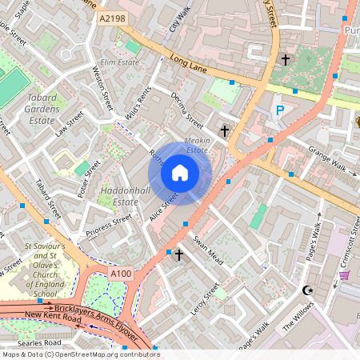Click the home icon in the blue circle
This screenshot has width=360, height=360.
click(x=180, y=173)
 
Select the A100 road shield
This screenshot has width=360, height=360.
click(x=121, y=274)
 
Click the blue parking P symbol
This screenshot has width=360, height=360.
click(x=280, y=110)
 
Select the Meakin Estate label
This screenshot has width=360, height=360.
click(x=197, y=145)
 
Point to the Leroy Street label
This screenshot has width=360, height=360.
click(x=205, y=302)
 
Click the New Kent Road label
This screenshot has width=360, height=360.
click(x=54, y=318)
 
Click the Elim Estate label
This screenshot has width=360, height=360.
click(x=120, y=62)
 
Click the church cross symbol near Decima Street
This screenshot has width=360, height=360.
click(x=225, y=130)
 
